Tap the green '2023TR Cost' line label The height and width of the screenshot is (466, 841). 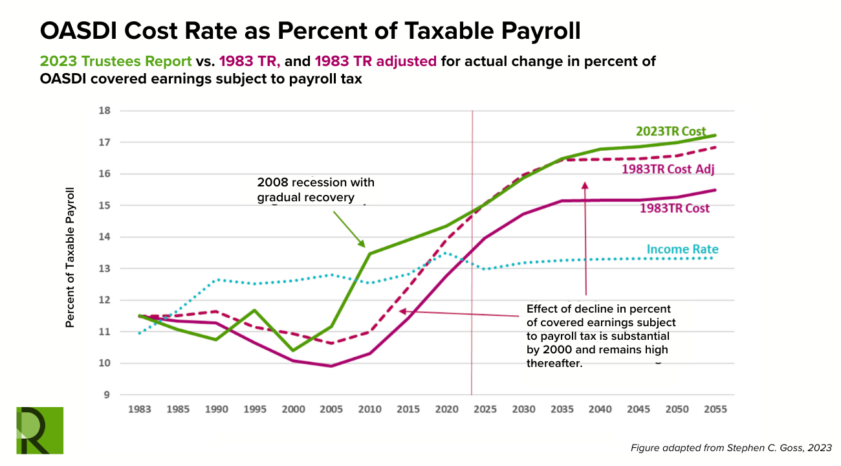(670, 131)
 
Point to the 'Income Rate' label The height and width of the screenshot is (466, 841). (682, 249)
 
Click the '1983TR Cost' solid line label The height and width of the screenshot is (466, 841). (674, 208)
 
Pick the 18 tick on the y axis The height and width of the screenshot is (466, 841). (105, 111)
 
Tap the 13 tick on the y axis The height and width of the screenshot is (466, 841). (105, 269)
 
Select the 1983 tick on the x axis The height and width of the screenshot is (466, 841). (140, 410)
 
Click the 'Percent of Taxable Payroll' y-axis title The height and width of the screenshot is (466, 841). (71, 258)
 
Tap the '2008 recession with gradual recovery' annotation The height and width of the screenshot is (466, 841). (315, 190)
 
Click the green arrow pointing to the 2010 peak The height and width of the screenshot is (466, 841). (349, 227)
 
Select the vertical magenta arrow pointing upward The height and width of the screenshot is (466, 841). (585, 239)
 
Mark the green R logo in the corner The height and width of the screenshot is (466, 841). (39, 430)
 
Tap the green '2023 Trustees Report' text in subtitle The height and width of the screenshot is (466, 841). (116, 61)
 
